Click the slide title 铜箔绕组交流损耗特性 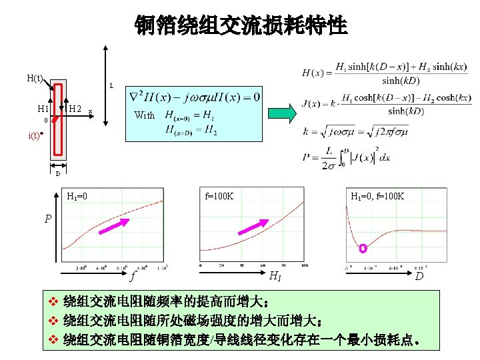point(241,26)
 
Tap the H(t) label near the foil point(35,78)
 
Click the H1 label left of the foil point(43,109)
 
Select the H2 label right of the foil point(75,109)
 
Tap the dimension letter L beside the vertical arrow point(111,86)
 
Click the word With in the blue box point(144,115)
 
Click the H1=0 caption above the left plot point(78,196)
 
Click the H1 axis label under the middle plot point(274,275)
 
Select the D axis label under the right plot point(419,275)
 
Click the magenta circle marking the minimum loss point(363,249)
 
